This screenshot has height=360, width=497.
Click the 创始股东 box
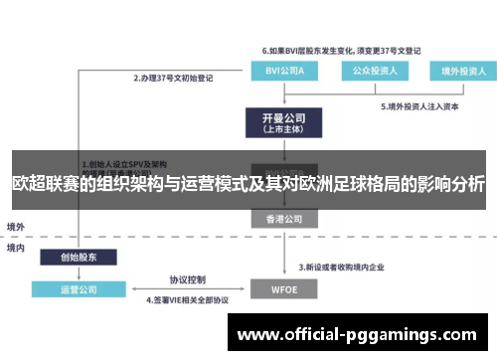click(73, 257)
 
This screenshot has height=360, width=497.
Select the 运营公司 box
click(73, 290)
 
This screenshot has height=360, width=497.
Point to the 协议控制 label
click(187, 279)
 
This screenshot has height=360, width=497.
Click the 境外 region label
click(16, 226)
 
